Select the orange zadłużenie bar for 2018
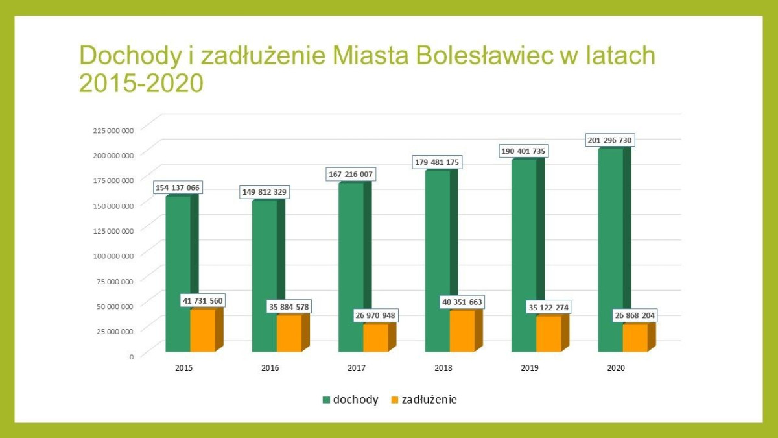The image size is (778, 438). pyautogui.click(x=462, y=332)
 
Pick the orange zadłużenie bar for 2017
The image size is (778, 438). pyautogui.click(x=375, y=338)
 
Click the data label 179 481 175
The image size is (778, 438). pyautogui.click(x=437, y=162)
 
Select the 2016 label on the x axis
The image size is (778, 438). pyautogui.click(x=270, y=368)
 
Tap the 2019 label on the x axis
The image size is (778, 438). pyautogui.click(x=530, y=368)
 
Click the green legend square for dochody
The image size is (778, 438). pyautogui.click(x=326, y=400)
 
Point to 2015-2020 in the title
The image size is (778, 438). pyautogui.click(x=141, y=82)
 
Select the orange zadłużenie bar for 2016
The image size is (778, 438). pyautogui.click(x=289, y=334)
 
